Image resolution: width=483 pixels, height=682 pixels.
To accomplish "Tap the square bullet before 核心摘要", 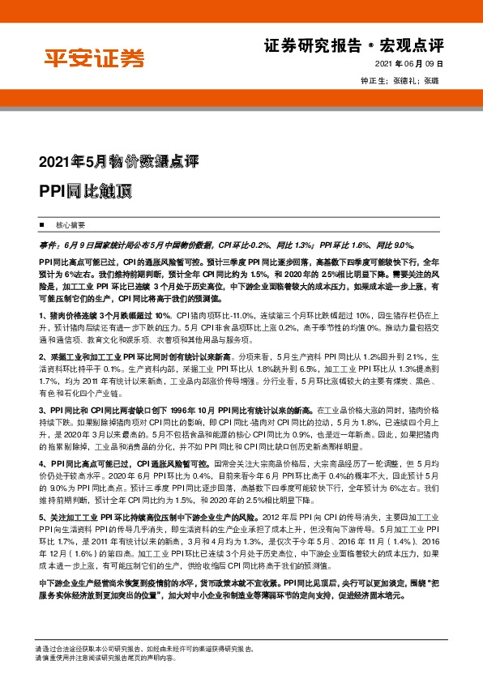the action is pyautogui.click(x=41, y=223).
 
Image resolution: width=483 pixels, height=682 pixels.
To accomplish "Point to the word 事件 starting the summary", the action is pyautogui.click(x=48, y=242).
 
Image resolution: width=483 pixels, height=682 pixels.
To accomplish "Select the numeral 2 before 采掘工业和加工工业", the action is pyautogui.click(x=41, y=356).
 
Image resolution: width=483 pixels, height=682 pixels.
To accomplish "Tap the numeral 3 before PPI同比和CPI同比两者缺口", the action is pyautogui.click(x=41, y=411).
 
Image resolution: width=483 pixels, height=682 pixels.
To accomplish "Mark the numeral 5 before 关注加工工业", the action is pyautogui.click(x=41, y=516).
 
